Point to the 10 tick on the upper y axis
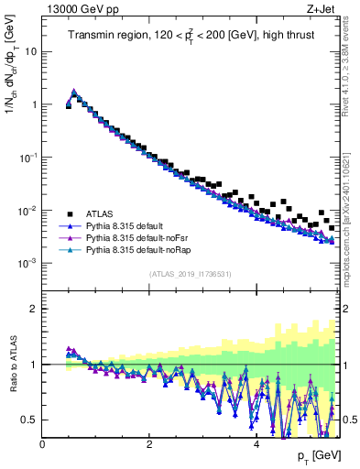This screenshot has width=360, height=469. click(x=30, y=51)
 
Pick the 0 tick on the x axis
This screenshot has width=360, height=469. click(x=42, y=445)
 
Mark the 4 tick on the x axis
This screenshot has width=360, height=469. click(x=256, y=445)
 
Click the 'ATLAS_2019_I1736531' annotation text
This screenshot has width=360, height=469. click(x=190, y=274)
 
